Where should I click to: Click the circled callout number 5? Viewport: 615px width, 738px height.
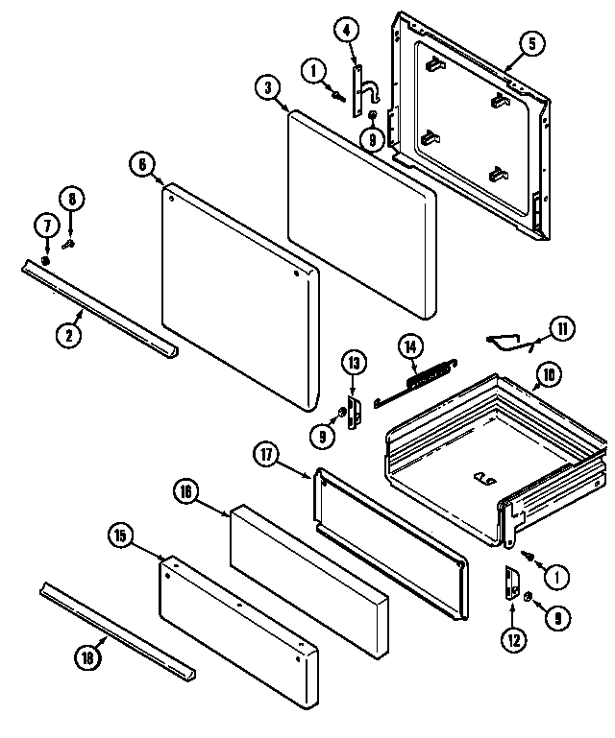(x=532, y=42)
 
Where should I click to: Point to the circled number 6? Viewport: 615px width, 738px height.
(x=141, y=164)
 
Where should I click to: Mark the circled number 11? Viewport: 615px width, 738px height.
(x=563, y=329)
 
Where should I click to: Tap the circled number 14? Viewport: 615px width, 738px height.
(x=410, y=345)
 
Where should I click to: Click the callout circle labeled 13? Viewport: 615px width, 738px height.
(x=353, y=362)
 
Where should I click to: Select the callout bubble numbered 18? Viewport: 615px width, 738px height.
(x=86, y=656)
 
